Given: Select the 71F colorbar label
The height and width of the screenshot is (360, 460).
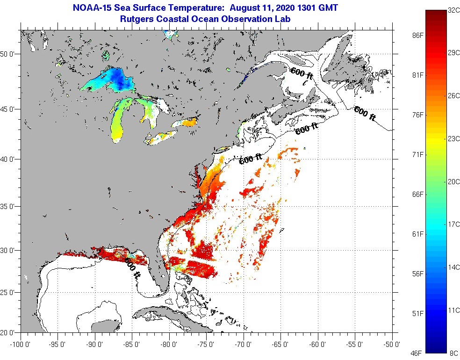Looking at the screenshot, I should point(418,154).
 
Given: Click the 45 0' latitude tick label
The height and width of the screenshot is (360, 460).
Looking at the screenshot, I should point(9,109).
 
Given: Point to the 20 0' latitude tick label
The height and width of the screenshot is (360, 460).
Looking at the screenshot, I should point(9,333).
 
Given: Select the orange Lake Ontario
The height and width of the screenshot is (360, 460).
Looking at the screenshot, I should point(186,123).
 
